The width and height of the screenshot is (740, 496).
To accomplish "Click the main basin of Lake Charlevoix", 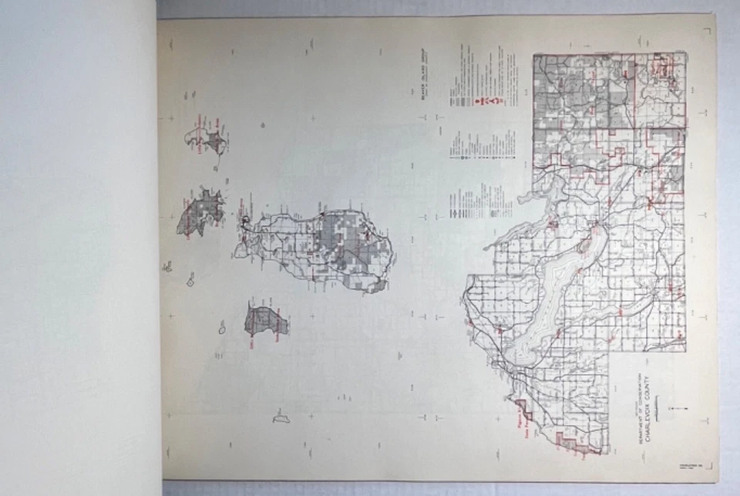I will pyautogui.click(x=551, y=301).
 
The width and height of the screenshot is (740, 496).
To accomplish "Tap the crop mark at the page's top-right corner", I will pyautogui.click(x=707, y=30).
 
